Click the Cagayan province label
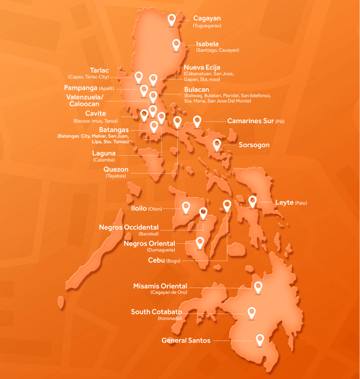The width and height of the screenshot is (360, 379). click(x=207, y=18)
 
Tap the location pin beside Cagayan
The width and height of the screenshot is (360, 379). click(x=173, y=19)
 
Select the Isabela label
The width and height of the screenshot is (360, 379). click(x=207, y=44)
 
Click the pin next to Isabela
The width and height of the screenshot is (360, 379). click(x=176, y=45)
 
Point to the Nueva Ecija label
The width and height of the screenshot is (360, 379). click(x=202, y=67)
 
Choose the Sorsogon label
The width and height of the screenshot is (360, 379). click(x=254, y=145)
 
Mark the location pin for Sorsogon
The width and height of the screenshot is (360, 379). click(x=217, y=144)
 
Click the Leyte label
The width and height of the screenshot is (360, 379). click(x=284, y=202)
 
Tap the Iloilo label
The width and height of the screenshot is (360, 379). click(x=138, y=208)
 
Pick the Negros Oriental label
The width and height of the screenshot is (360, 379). click(x=149, y=244)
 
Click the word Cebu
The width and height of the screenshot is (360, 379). click(x=156, y=260)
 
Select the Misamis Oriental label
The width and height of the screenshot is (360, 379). click(x=161, y=286)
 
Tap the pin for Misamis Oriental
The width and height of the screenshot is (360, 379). click(x=258, y=287)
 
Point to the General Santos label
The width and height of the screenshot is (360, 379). click(x=186, y=340)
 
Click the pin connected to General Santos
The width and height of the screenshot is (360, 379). click(x=260, y=339)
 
